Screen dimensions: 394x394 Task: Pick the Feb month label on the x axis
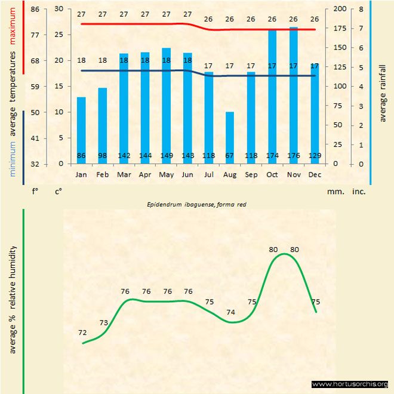click(x=103, y=175)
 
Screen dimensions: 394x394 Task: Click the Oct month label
click(x=272, y=175)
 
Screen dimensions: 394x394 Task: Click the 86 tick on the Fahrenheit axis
click(x=35, y=9)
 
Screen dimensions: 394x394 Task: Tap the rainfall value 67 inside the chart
click(x=230, y=156)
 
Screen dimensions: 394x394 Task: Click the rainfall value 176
click(x=293, y=156)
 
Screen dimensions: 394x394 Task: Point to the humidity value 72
click(x=83, y=333)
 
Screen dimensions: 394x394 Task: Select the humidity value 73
click(x=104, y=323)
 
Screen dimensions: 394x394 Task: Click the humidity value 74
click(x=230, y=312)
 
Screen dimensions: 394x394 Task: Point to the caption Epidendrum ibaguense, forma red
click(x=197, y=204)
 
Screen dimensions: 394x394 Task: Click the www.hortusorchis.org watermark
click(x=350, y=384)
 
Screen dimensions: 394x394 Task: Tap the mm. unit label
click(x=334, y=192)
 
